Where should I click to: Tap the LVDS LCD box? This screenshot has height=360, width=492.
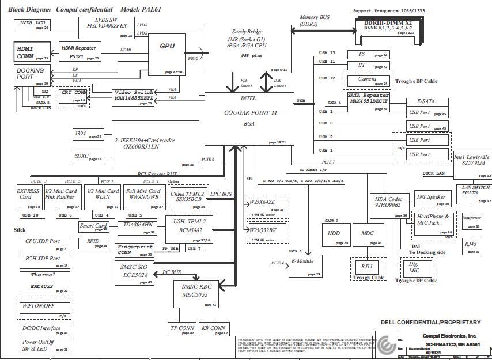coord(32,25)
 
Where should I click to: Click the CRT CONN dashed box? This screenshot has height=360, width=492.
coord(73,96)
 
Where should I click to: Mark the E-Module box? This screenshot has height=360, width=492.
coord(305,266)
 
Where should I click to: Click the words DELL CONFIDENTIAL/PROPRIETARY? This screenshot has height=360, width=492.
coord(430,322)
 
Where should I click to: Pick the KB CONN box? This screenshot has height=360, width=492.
coord(213,329)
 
